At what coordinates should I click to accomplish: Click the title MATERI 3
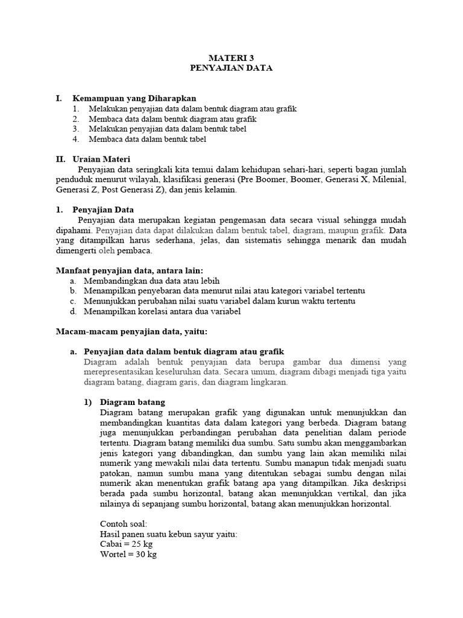(231, 58)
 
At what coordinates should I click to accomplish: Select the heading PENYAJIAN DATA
(231, 68)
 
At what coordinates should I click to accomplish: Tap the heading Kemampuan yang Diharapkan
(134, 98)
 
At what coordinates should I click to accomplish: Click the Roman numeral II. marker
(60, 159)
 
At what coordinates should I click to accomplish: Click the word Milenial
(389, 180)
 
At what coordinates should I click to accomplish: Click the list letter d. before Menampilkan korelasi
(72, 311)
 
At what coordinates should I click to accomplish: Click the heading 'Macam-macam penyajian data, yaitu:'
(131, 331)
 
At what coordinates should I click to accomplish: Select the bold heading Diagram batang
(132, 402)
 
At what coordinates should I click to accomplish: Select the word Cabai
(110, 544)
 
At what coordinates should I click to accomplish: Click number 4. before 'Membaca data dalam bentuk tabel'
(75, 139)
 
